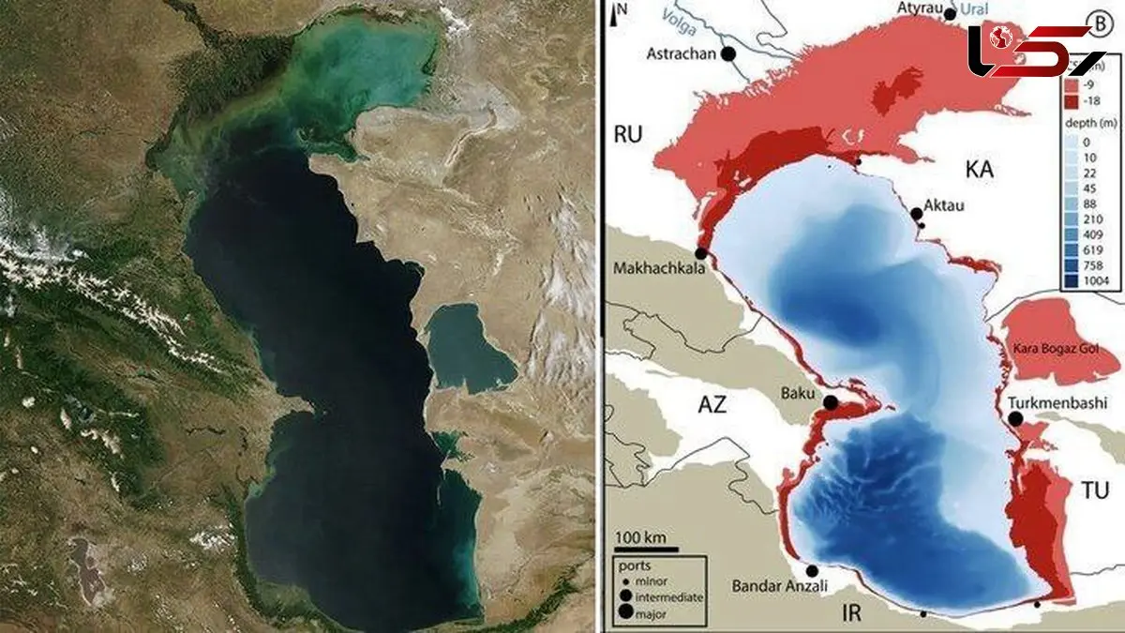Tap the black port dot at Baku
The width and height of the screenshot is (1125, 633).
pyautogui.click(x=831, y=403)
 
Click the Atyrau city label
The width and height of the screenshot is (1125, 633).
pyautogui.click(x=918, y=14)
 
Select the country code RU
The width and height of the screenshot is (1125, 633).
pyautogui.click(x=627, y=135)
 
